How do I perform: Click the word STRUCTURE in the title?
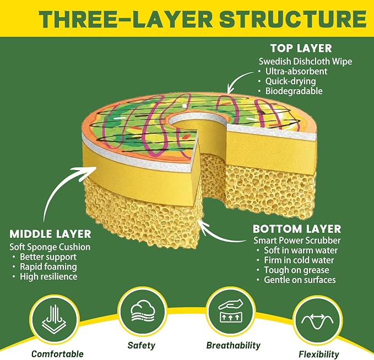tap(292, 19)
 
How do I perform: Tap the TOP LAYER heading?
tap(301, 48)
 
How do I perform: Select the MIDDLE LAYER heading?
tap(50, 234)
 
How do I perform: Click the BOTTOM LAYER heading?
tap(297, 229)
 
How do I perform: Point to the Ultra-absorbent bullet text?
tap(296, 72)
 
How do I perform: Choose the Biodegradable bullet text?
tap(294, 91)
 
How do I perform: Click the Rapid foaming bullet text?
tap(48, 267)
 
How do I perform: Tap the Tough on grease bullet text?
tap(296, 270)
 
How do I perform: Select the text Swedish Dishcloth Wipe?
tap(305, 62)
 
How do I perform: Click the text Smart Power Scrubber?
tap(297, 241)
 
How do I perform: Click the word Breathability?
tap(234, 346)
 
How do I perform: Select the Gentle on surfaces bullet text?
tap(300, 280)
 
